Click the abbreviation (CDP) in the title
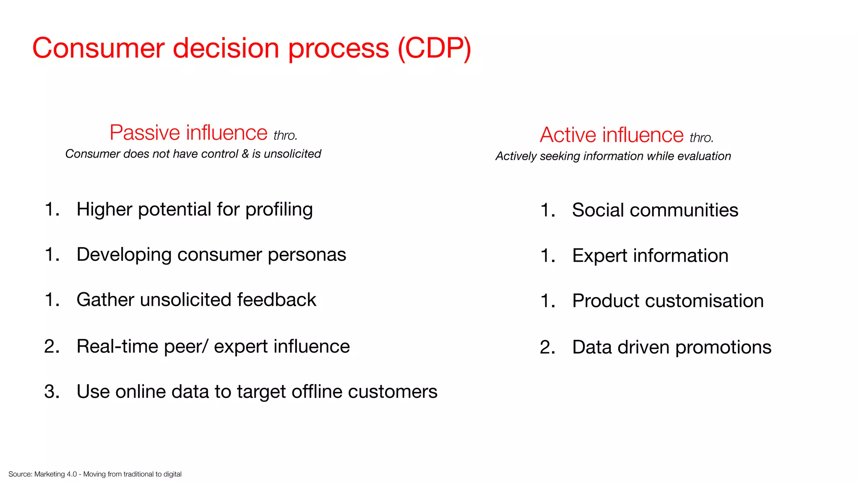(x=434, y=48)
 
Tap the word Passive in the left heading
(x=145, y=133)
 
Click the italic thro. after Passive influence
(x=285, y=135)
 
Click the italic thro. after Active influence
(x=701, y=138)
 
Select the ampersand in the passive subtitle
(x=245, y=154)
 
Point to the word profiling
(x=279, y=210)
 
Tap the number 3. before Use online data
(x=52, y=392)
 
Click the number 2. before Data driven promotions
(x=547, y=347)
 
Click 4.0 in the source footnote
(x=72, y=474)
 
